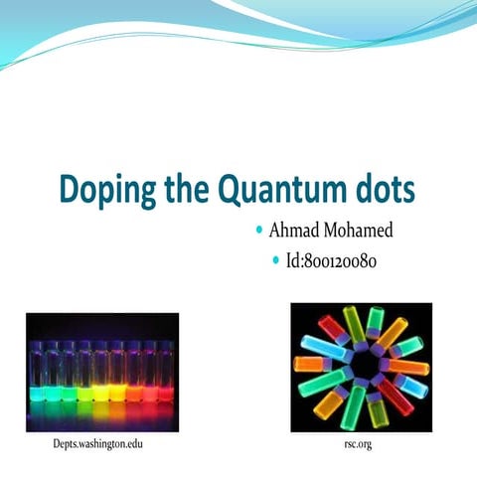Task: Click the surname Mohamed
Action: point(359,232)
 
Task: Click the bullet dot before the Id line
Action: point(275,262)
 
